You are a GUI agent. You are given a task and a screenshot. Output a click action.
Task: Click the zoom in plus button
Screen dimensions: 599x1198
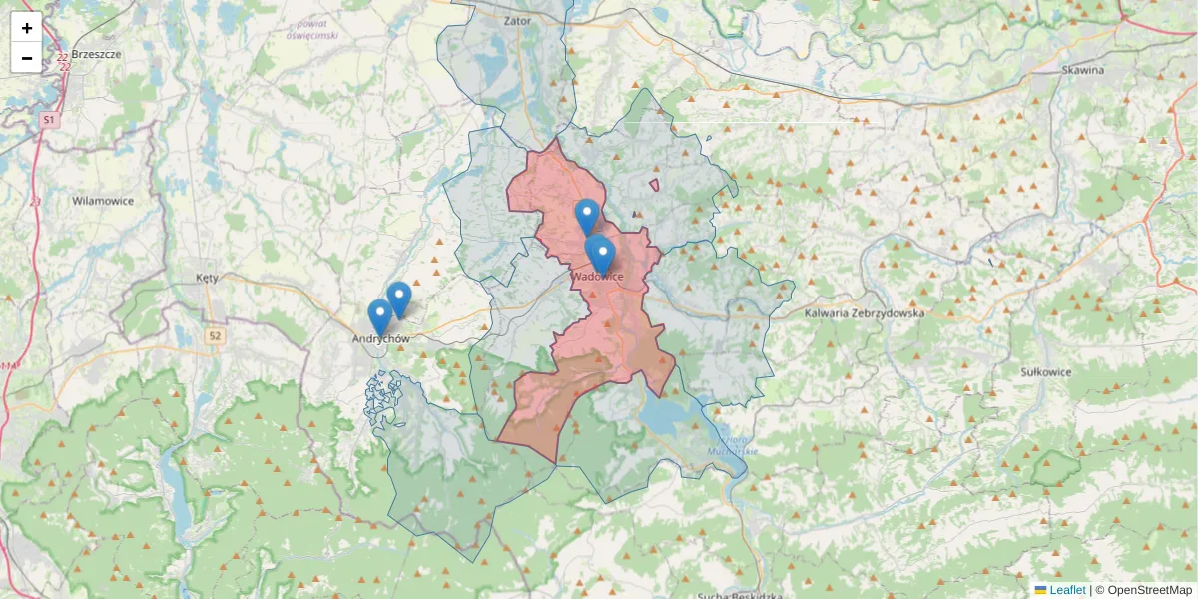(x=27, y=28)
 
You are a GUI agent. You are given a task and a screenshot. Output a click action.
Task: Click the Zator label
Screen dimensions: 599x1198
(x=518, y=20)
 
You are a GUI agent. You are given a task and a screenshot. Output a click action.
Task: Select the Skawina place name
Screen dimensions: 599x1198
(x=1083, y=70)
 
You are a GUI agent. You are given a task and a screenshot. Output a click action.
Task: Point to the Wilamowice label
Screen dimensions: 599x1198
(x=103, y=201)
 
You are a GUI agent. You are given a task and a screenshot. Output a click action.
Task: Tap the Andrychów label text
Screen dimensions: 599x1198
(x=381, y=339)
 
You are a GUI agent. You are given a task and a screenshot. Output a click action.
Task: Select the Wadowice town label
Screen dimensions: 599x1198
(x=598, y=277)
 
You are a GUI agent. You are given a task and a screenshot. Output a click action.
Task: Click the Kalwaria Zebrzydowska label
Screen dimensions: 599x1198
(x=864, y=312)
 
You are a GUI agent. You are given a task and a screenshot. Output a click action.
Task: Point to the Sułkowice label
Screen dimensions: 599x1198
(x=1046, y=371)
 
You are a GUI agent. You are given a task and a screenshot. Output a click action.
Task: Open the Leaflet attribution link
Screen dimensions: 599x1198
(x=1066, y=590)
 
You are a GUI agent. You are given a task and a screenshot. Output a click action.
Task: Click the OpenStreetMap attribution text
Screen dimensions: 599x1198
(x=1149, y=590)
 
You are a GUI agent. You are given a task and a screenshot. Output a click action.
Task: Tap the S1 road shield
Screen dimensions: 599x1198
(x=50, y=120)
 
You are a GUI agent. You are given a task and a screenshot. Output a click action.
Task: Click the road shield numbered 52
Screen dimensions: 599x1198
(x=215, y=337)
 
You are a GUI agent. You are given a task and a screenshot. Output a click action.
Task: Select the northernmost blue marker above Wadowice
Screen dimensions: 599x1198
(x=587, y=215)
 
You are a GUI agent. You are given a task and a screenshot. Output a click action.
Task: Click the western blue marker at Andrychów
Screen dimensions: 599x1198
(x=379, y=315)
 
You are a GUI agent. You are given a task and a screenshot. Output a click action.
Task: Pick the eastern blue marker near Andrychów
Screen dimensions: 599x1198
(x=399, y=298)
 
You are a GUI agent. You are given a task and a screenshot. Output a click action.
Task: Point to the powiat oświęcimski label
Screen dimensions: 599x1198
(x=311, y=28)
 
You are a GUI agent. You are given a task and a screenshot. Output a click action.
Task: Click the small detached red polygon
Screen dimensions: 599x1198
(x=654, y=184)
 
